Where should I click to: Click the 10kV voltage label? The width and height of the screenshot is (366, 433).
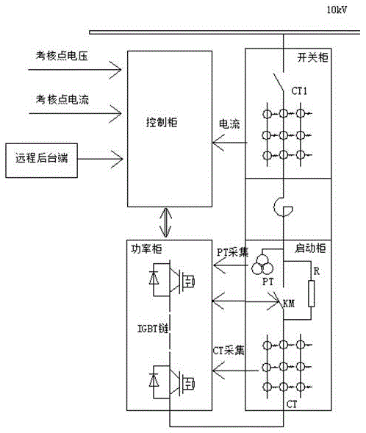(337, 10)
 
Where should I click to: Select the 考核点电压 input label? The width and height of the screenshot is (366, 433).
(62, 56)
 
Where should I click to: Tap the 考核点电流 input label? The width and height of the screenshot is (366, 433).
(62, 99)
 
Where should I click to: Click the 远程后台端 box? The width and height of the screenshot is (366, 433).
(41, 160)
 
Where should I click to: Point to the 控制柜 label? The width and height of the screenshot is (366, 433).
(162, 122)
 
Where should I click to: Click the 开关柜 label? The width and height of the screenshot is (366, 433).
(313, 57)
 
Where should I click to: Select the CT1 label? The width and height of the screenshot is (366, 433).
(299, 91)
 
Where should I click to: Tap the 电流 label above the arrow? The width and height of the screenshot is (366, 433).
(229, 124)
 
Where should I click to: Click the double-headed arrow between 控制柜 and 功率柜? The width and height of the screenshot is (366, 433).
(166, 222)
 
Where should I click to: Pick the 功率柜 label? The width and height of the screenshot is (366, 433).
(146, 249)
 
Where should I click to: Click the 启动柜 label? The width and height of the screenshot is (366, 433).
(310, 248)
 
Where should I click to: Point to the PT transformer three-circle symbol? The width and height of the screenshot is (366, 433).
(262, 265)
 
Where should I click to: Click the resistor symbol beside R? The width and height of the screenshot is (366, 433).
(312, 294)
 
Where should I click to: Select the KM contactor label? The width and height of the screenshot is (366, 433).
(289, 304)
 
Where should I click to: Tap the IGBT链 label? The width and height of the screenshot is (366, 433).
(153, 329)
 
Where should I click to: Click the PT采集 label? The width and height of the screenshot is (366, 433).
(232, 252)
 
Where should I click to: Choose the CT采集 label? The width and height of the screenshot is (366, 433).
(229, 351)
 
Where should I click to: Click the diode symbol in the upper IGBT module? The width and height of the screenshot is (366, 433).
(154, 278)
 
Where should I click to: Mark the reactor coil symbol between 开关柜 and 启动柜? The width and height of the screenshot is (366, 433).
(283, 207)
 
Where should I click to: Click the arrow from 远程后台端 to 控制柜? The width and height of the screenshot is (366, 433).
(100, 159)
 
